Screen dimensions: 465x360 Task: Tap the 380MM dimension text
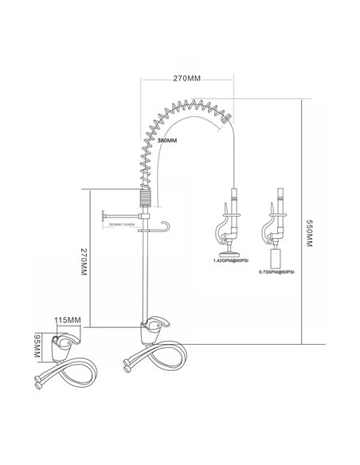[168, 139]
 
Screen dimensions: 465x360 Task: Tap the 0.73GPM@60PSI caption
[276, 272]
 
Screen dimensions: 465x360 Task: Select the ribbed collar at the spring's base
[144, 198]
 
